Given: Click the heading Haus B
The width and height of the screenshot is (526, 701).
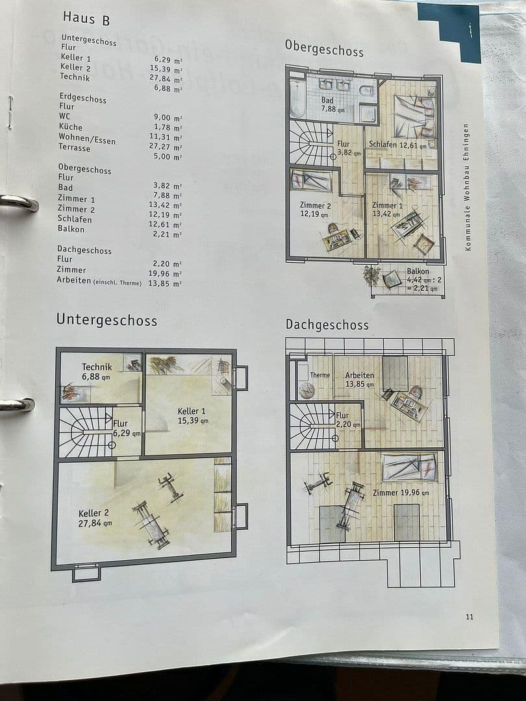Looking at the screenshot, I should pos(86,18).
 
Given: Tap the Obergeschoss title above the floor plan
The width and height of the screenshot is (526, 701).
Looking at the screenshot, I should pos(324,47).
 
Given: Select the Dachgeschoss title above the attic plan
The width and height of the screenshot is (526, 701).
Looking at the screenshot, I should pos(327,325).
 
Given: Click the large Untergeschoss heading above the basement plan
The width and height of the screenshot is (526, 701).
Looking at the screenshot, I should pos(106,319).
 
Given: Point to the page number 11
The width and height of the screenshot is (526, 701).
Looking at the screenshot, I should pos(470,617).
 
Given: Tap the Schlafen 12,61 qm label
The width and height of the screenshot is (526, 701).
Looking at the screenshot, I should pos(397,145).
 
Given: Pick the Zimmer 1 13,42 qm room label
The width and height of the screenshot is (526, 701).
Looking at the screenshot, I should pos(388,209).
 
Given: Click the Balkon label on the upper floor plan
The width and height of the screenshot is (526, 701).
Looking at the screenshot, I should pos(418,271).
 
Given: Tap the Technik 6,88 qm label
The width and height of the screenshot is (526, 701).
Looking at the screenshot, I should pos(97,372).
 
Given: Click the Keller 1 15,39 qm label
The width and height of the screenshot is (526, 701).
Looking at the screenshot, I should pos(193,415).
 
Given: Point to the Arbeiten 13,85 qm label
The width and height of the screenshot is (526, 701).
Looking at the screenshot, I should pos(360,380).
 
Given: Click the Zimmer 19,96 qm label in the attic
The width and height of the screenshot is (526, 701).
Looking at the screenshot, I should pos(401,493).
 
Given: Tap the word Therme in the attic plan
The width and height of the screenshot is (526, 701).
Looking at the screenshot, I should pos(319,375).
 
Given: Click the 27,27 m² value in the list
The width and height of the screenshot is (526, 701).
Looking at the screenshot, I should pos(168,147).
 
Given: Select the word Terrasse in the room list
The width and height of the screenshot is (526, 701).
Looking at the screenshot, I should pos(75,148).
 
